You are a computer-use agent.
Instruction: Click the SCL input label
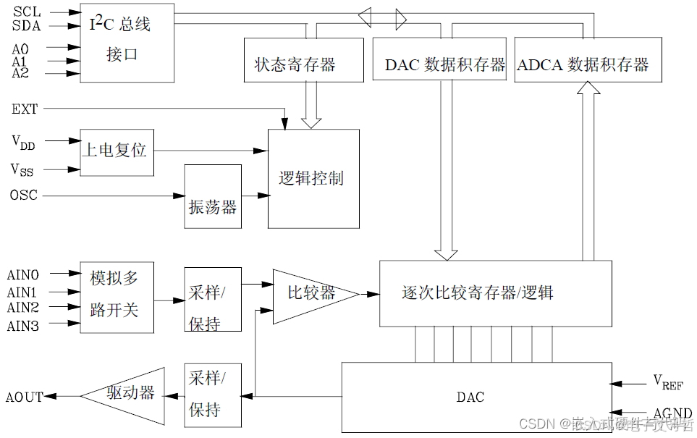tap(27, 12)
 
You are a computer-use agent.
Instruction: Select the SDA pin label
tap(27, 26)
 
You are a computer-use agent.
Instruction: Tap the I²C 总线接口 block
tap(126, 42)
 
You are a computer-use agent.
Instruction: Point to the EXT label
tap(25, 109)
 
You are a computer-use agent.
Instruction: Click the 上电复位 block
tap(116, 151)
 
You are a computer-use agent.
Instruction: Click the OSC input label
tap(24, 195)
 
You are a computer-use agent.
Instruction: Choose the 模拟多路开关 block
tap(116, 297)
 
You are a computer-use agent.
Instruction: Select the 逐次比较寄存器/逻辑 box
tap(495, 293)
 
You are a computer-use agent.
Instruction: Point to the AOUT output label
tap(24, 397)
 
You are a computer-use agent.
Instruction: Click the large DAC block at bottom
tap(470, 397)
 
